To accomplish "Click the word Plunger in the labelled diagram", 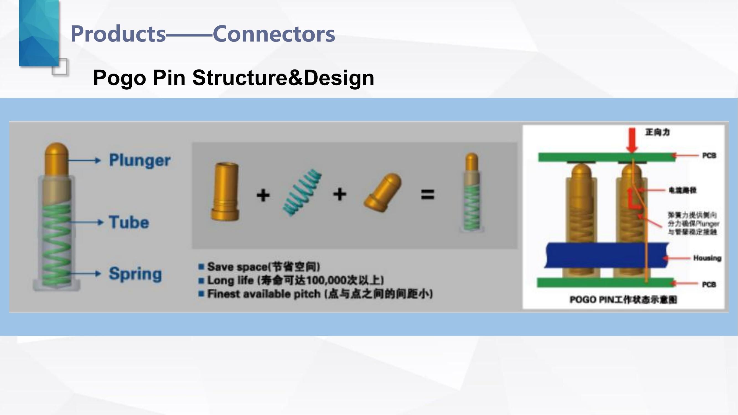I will coord(139,160).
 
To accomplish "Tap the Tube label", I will coord(129,222).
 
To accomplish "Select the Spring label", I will coord(135,274).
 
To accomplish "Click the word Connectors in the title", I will coord(274,34).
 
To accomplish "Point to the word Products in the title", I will coord(118,34).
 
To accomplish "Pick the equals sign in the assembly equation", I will coord(428,195).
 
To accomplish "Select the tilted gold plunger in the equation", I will coord(383,193).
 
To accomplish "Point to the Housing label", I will coord(707,258).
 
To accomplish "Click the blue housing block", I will coord(606,255).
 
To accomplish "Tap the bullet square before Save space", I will coord(201,267).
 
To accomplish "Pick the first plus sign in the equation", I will coord(263,195).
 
